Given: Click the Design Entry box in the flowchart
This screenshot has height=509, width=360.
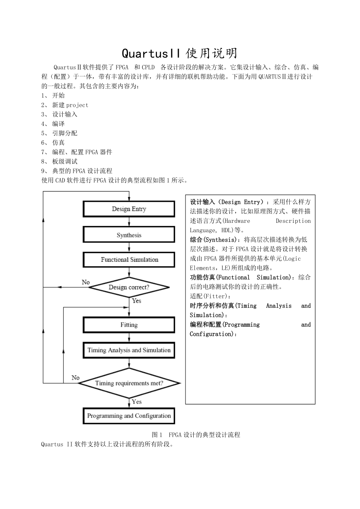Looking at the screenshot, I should coord(129,209).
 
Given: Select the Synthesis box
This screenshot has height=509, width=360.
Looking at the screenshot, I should coord(129,235).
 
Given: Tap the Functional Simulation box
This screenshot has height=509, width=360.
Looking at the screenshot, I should coord(129,260).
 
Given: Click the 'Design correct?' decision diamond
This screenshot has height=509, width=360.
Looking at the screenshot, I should coord(129,287).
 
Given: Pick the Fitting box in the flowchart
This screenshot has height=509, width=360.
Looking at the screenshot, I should coord(129,325).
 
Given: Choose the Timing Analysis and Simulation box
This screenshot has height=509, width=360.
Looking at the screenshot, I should coord(129,350).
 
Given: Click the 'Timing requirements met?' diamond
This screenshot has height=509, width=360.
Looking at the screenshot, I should coord(129,383).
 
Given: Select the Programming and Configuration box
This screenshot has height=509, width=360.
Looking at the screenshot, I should coord(129,416).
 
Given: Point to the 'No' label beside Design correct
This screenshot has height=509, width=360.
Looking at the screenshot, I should coord(86,282).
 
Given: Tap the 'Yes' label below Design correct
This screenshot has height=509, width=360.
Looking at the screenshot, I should coord(137,301).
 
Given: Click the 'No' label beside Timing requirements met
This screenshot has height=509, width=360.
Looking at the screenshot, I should coord(76,378).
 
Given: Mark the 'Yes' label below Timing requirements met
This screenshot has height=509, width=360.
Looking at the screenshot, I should coord(137,401).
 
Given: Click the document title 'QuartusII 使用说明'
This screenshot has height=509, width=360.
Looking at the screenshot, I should coord(180,53).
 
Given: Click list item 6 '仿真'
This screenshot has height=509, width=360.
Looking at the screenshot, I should coord(59,142).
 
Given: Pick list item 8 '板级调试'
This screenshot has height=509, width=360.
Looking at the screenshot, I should coord(65,161).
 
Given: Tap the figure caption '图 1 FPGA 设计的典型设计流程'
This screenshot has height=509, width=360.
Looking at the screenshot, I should coord(196,434).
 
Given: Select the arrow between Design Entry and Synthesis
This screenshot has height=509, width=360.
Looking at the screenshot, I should coord(129,222).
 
